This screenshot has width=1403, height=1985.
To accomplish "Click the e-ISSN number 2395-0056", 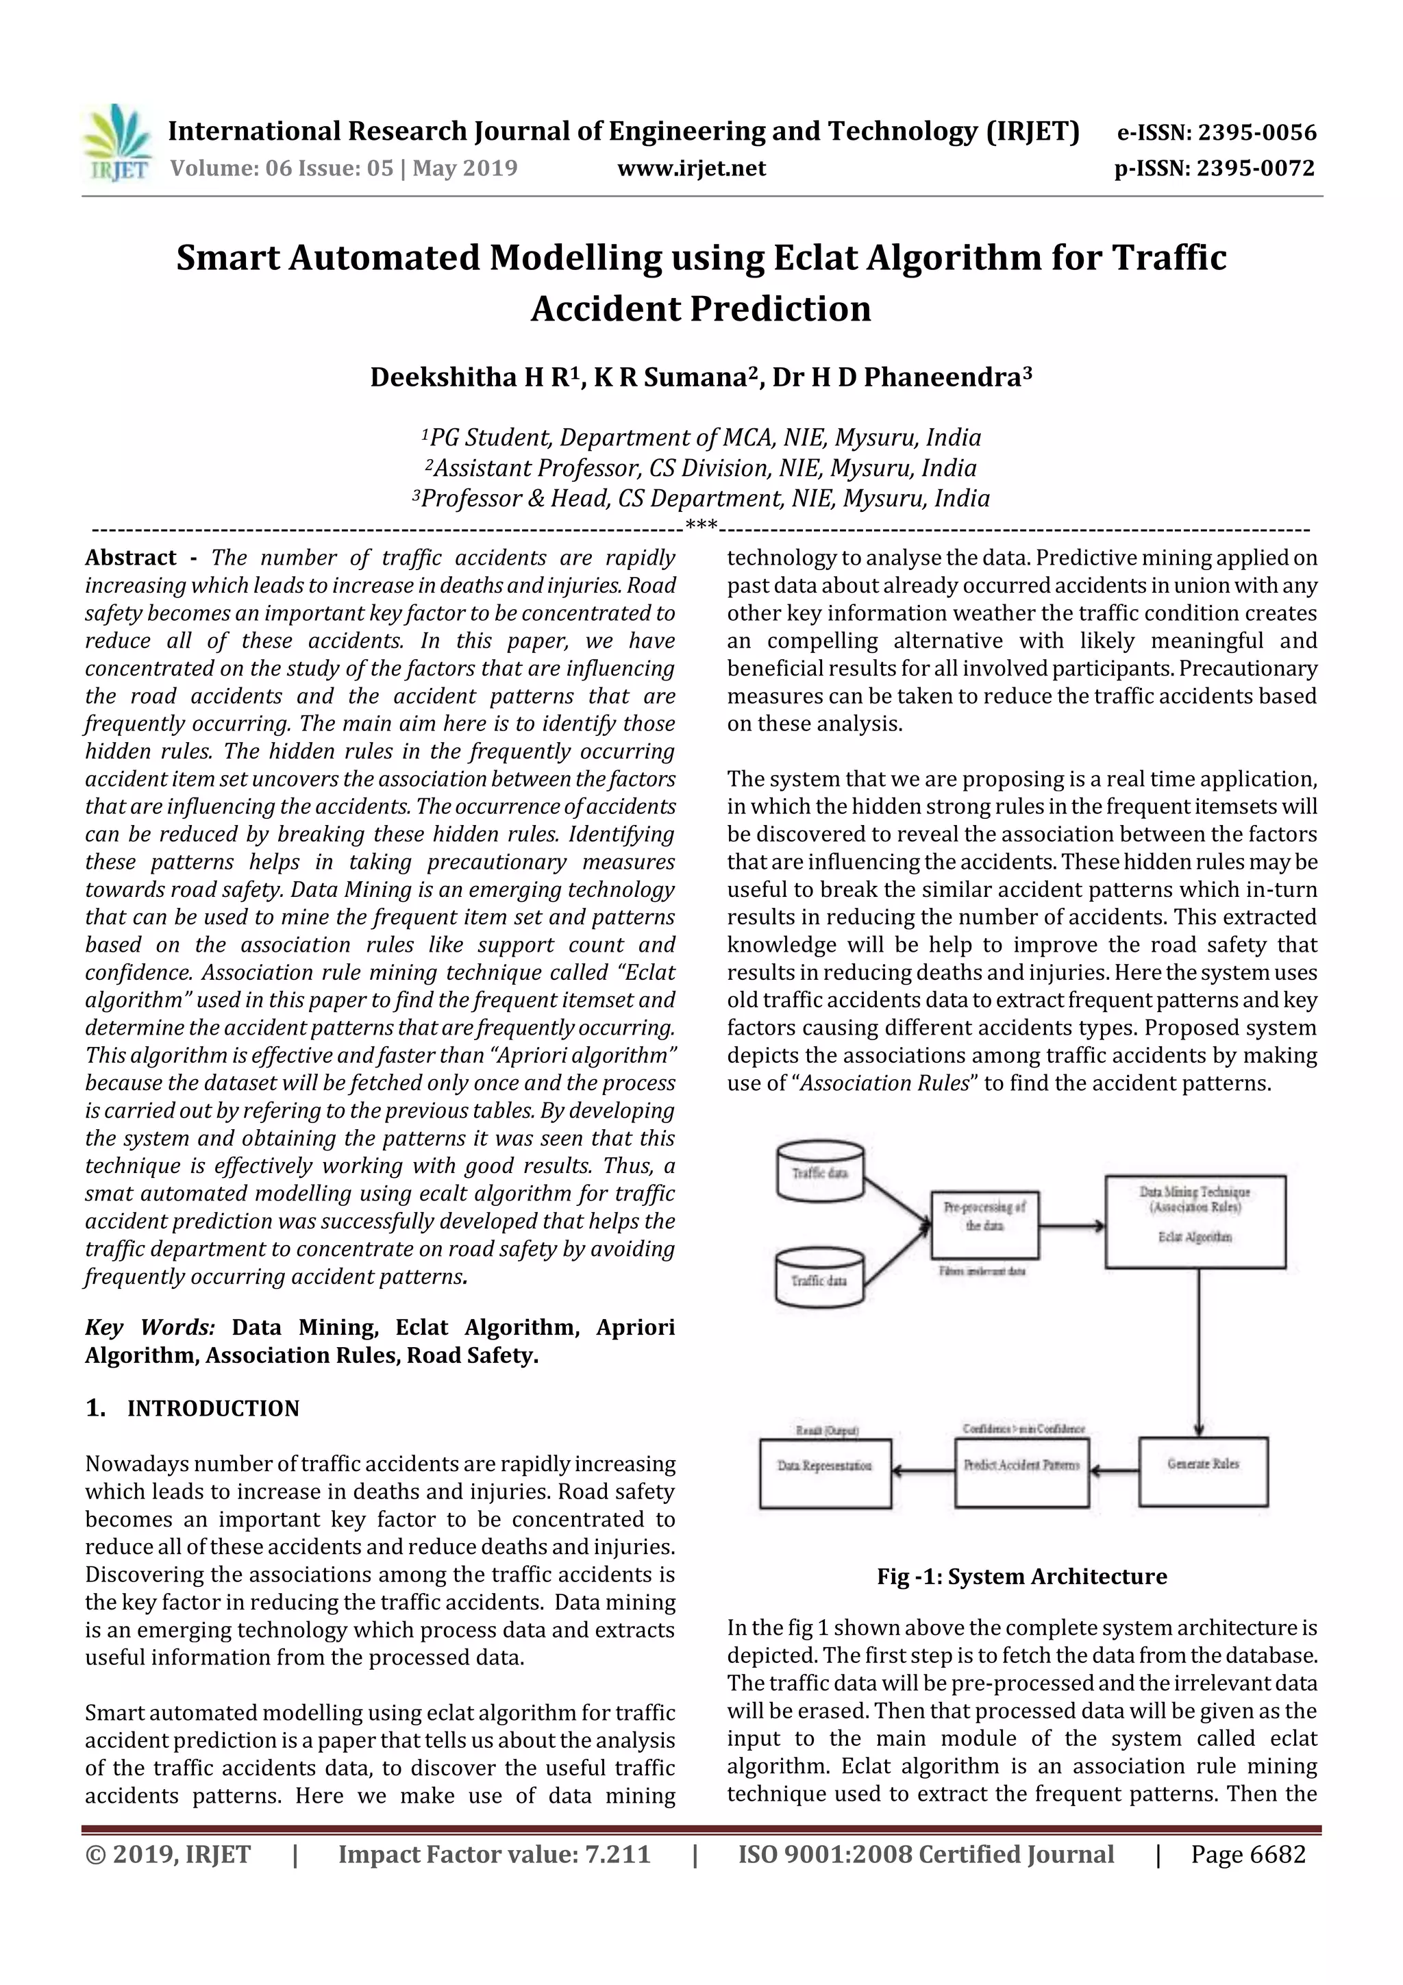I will click(1256, 132).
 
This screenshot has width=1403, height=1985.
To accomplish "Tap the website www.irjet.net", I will click(691, 168).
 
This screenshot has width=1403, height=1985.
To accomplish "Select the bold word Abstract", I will click(131, 558).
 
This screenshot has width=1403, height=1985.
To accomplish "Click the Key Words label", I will click(149, 1327).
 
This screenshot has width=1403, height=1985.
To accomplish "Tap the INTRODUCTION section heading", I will click(212, 1408).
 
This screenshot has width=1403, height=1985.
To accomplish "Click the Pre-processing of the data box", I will click(984, 1224).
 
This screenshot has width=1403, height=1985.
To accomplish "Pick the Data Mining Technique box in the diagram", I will click(1195, 1221).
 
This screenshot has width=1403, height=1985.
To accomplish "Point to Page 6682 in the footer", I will click(1247, 1854).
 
